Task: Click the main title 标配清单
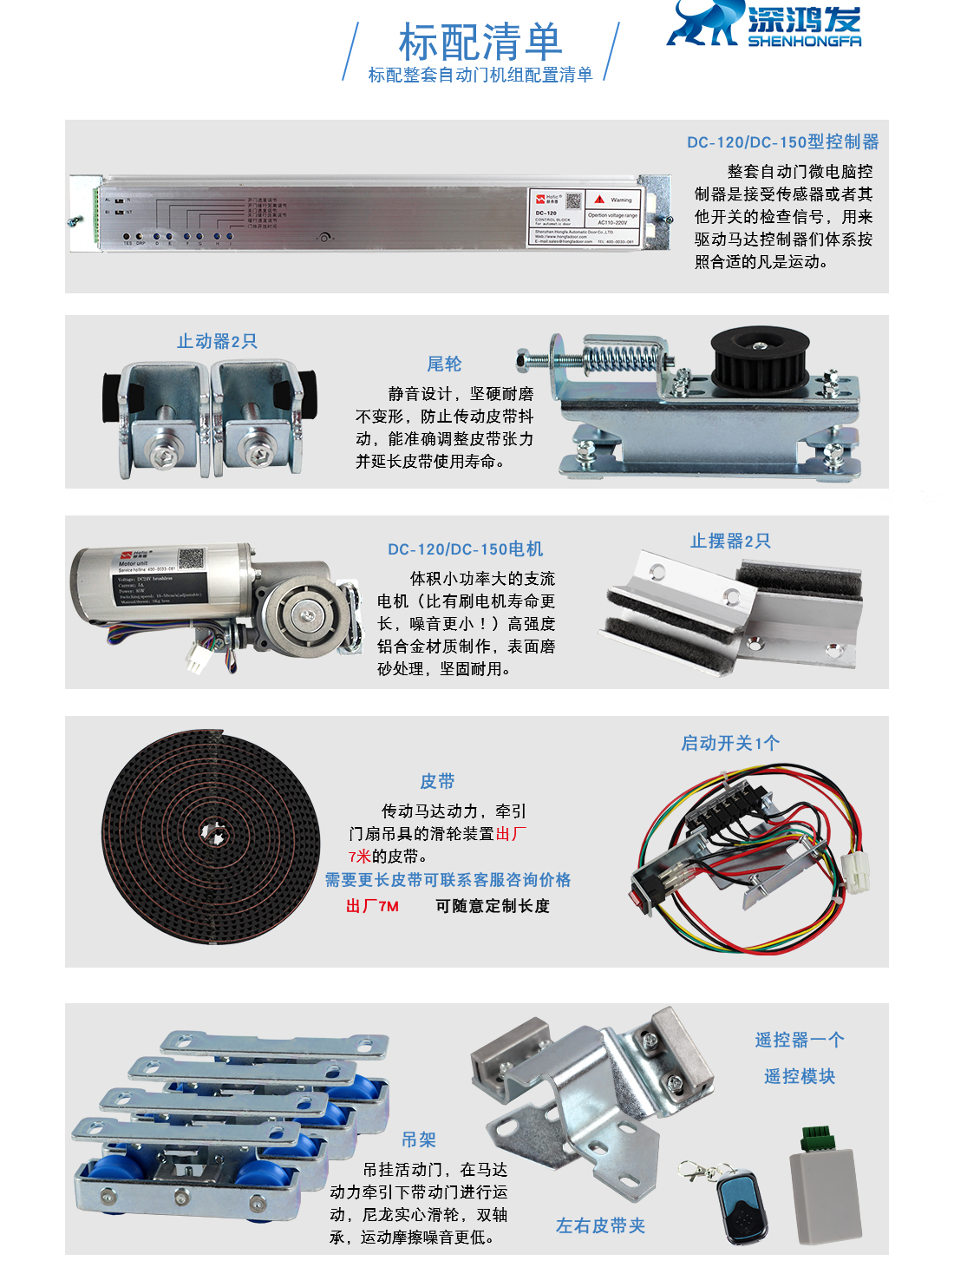(480, 41)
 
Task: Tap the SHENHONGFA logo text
(804, 41)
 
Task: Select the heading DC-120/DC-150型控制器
(782, 141)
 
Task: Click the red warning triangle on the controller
(599, 199)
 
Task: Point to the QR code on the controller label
(573, 200)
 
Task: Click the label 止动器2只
(217, 341)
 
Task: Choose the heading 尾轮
(444, 364)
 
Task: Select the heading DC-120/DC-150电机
(465, 549)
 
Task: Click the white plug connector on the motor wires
(199, 661)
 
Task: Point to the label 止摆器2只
(730, 541)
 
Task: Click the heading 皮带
(437, 781)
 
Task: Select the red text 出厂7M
(372, 906)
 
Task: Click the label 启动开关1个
(730, 743)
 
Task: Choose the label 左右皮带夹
(600, 1225)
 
